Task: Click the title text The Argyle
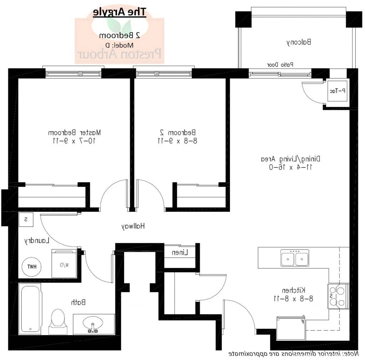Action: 119,12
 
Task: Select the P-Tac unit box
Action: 337,91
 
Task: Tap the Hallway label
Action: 134,226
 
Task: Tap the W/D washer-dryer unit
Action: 64,264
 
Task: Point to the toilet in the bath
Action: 57,320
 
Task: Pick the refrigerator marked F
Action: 291,328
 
